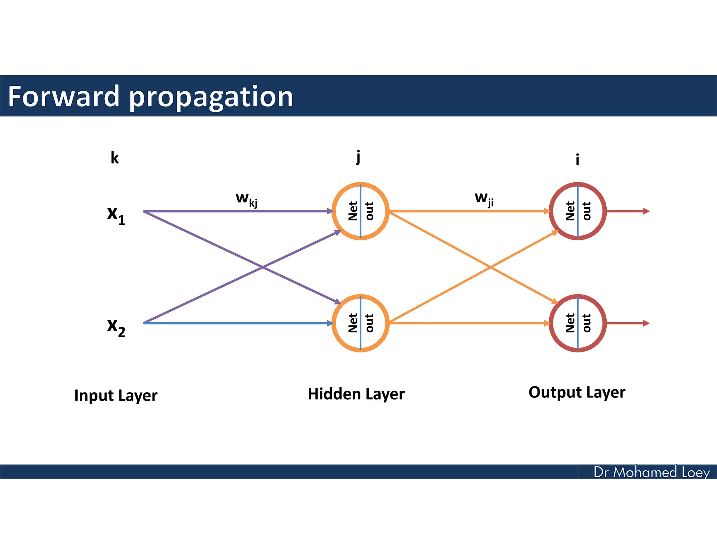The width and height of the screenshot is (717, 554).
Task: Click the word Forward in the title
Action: coord(64,96)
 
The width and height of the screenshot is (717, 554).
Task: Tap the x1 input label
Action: coord(116,214)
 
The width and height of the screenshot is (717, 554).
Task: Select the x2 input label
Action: coord(116,327)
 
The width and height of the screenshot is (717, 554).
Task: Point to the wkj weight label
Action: coord(246,199)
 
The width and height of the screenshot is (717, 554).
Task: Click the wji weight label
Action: coord(484,199)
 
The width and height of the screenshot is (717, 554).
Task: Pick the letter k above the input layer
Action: coord(114,158)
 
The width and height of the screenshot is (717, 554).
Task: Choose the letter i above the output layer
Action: coord(577,160)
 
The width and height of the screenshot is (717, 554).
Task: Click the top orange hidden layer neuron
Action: coord(360,211)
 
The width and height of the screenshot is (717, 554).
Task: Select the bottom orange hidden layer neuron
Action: coord(360,323)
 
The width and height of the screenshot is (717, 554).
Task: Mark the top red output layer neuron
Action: coord(578,211)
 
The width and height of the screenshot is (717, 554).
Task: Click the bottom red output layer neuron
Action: coord(578,323)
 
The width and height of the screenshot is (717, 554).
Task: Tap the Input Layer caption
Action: coord(116,395)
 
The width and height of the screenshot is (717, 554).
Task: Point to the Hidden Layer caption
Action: coord(356,394)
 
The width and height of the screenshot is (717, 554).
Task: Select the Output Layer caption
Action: coord(577,392)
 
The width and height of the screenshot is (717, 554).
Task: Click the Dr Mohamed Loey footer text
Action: coord(652,472)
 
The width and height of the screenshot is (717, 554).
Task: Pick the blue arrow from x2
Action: coord(238,323)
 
